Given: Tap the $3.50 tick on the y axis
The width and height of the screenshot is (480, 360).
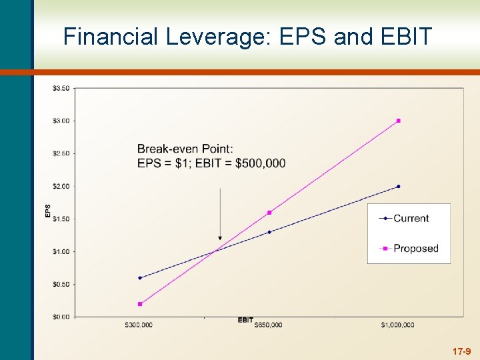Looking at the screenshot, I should pos(61,88).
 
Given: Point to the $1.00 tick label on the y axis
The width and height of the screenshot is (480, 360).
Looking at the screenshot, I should pos(61,251).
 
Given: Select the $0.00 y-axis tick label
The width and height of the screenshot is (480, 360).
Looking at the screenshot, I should pos(61,317).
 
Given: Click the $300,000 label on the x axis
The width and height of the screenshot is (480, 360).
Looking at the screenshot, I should pos(139,325).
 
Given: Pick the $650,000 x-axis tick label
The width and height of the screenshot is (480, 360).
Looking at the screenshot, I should pos(268,325).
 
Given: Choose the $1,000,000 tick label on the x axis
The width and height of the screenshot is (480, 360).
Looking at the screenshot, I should pos(398,325).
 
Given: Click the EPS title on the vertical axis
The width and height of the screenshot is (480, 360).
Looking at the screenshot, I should pos(47,211).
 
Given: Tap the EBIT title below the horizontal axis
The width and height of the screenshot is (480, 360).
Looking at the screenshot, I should pos(245,320).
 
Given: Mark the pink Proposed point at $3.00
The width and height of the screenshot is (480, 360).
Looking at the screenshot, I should pos(399,121).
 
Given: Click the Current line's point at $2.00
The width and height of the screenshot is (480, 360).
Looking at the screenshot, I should pos(399,186).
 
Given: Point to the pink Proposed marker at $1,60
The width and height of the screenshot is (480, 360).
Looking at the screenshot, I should pos(269,213).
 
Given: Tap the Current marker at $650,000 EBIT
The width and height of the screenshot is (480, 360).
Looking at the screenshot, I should pos(269,232).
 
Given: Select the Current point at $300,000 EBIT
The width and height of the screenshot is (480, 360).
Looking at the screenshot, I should pos(140,278).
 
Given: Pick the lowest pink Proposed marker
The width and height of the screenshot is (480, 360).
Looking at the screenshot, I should pos(140,304).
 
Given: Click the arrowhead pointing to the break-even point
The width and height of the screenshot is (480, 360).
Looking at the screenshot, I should pos(220,237).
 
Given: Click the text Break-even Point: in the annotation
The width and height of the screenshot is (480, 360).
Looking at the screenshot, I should pos(185,148).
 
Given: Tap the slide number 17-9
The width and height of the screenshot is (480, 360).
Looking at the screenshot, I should pos(461,351).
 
